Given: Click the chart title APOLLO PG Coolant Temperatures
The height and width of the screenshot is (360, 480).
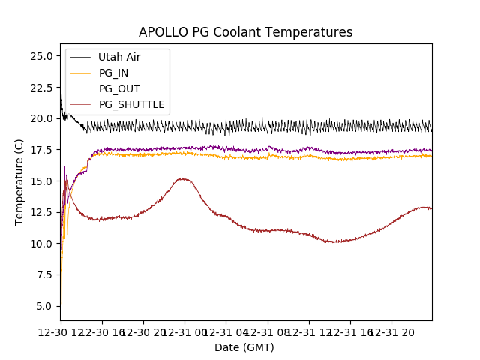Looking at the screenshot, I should point(245,32).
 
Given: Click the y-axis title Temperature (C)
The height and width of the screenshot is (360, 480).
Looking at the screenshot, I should point(19,182).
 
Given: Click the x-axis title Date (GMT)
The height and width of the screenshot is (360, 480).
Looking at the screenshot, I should point(244,347).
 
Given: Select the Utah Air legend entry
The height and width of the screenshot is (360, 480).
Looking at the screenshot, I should point(119,57).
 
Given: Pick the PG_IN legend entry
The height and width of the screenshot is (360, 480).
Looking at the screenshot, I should point(114,73).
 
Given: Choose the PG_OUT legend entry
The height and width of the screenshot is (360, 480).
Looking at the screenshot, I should point(118,88).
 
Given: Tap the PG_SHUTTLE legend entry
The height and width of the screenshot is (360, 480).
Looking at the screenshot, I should point(131,104).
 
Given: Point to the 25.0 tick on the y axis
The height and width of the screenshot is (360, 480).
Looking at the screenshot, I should point(40,56).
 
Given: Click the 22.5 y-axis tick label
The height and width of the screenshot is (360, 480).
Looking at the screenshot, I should point(40,87).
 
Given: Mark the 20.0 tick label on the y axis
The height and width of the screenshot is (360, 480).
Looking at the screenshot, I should point(40,118).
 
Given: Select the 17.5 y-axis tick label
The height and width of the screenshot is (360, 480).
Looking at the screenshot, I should point(40,150).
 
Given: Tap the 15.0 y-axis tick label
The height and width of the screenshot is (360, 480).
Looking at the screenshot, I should point(40,181).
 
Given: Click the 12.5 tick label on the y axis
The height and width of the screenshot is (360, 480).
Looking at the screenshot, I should point(40,212).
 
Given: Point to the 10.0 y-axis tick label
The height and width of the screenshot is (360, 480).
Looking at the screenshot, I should point(40,244).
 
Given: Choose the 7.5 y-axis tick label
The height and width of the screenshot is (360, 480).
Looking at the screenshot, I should point(43,274).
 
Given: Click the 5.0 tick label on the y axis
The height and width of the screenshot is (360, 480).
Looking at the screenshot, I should point(43,306).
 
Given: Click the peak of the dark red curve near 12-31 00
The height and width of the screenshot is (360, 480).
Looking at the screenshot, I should point(182,178).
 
